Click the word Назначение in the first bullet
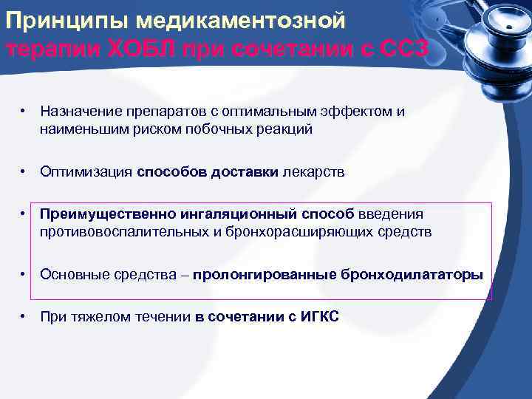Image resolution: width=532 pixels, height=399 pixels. pos(78,112)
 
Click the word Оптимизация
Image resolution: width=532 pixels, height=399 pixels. pos(86,171)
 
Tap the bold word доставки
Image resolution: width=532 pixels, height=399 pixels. pos(243,171)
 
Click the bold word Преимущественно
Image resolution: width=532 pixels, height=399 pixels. pos(108,214)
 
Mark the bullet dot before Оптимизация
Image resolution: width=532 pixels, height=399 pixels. pos(24,171)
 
